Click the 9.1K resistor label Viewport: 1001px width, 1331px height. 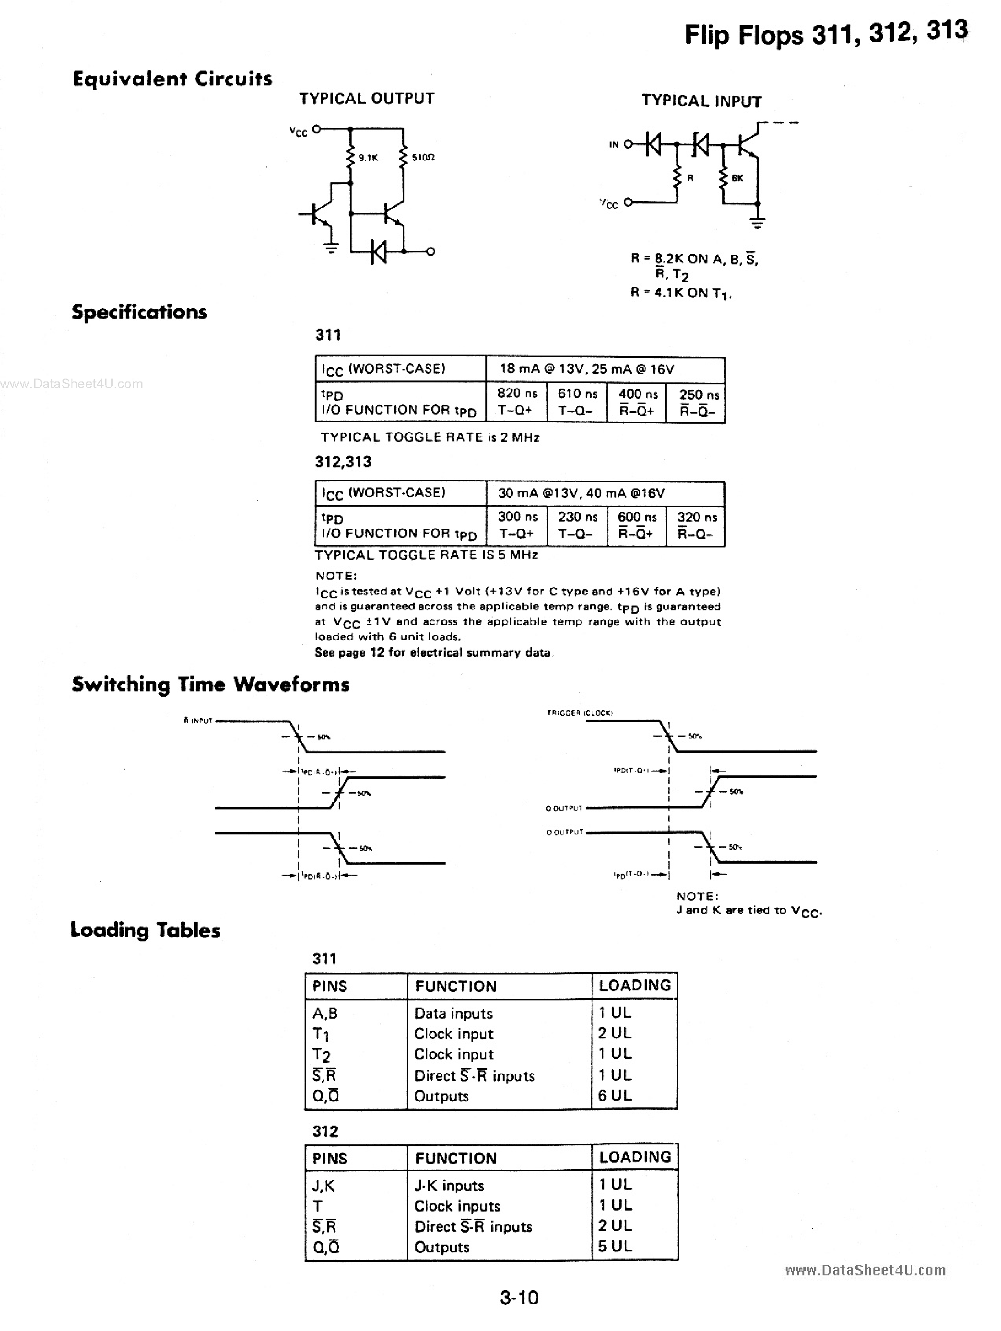(x=367, y=158)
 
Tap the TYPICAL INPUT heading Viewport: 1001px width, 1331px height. (x=701, y=101)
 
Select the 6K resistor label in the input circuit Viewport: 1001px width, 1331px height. (x=738, y=178)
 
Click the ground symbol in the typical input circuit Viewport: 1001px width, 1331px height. (x=757, y=223)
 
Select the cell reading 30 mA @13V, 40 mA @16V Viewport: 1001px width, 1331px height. (x=581, y=493)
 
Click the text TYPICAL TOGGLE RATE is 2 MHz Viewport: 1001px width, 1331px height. (x=430, y=438)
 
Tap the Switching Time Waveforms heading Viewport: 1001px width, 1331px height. (x=211, y=685)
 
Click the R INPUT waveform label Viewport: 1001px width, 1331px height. (x=198, y=720)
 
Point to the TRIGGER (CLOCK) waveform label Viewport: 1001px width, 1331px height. (x=579, y=713)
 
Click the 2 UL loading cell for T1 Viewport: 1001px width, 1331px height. (x=614, y=1033)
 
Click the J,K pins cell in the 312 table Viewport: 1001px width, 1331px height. (x=324, y=1186)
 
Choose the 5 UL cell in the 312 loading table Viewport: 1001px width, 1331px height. (x=614, y=1246)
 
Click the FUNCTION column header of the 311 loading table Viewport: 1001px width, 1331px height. (x=455, y=986)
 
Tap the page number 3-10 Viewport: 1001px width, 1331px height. (x=519, y=1297)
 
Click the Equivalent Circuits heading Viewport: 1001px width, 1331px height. (x=172, y=79)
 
